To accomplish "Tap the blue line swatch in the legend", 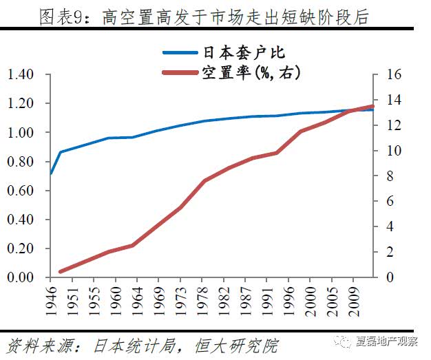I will click(181, 52).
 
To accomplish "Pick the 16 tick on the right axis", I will click(390, 74).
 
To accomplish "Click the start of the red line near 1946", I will click(61, 272).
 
